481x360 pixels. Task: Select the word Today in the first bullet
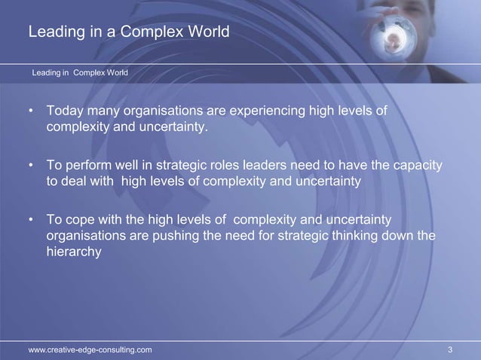coord(66,112)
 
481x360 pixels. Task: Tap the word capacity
coord(417,165)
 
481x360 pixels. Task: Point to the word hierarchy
coord(74,253)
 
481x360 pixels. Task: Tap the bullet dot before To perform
coord(31,166)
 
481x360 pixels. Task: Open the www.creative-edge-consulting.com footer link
coord(90,349)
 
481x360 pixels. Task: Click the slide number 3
coord(449,349)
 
